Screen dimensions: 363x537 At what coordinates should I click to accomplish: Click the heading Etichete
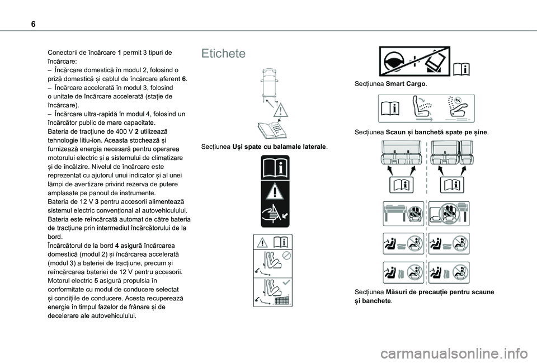(x=224, y=54)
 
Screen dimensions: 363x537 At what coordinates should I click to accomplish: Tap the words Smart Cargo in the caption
(x=406, y=84)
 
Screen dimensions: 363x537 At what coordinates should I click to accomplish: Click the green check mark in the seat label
(x=287, y=284)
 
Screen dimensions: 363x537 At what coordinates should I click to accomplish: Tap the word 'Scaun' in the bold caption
(x=397, y=133)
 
